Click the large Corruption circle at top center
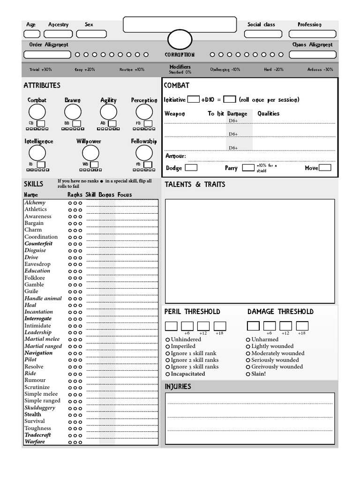click(x=180, y=39)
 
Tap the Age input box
click(x=32, y=34)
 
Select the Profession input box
click(x=312, y=34)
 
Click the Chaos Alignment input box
click(x=312, y=55)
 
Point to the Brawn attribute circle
click(x=73, y=112)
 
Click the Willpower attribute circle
click(x=90, y=153)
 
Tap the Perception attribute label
click(x=144, y=100)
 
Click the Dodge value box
click(x=191, y=168)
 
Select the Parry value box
click(x=248, y=168)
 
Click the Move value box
click(x=325, y=168)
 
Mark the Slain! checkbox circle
click(x=248, y=374)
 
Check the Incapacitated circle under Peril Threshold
click(x=168, y=374)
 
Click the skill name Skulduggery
click(x=40, y=408)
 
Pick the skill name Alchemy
click(x=35, y=202)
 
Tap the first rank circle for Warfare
click(x=70, y=442)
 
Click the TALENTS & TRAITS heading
click(x=195, y=185)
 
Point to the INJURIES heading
click(x=178, y=387)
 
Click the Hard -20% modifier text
click(x=273, y=69)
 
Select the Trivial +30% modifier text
click(x=41, y=69)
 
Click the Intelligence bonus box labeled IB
click(x=41, y=165)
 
